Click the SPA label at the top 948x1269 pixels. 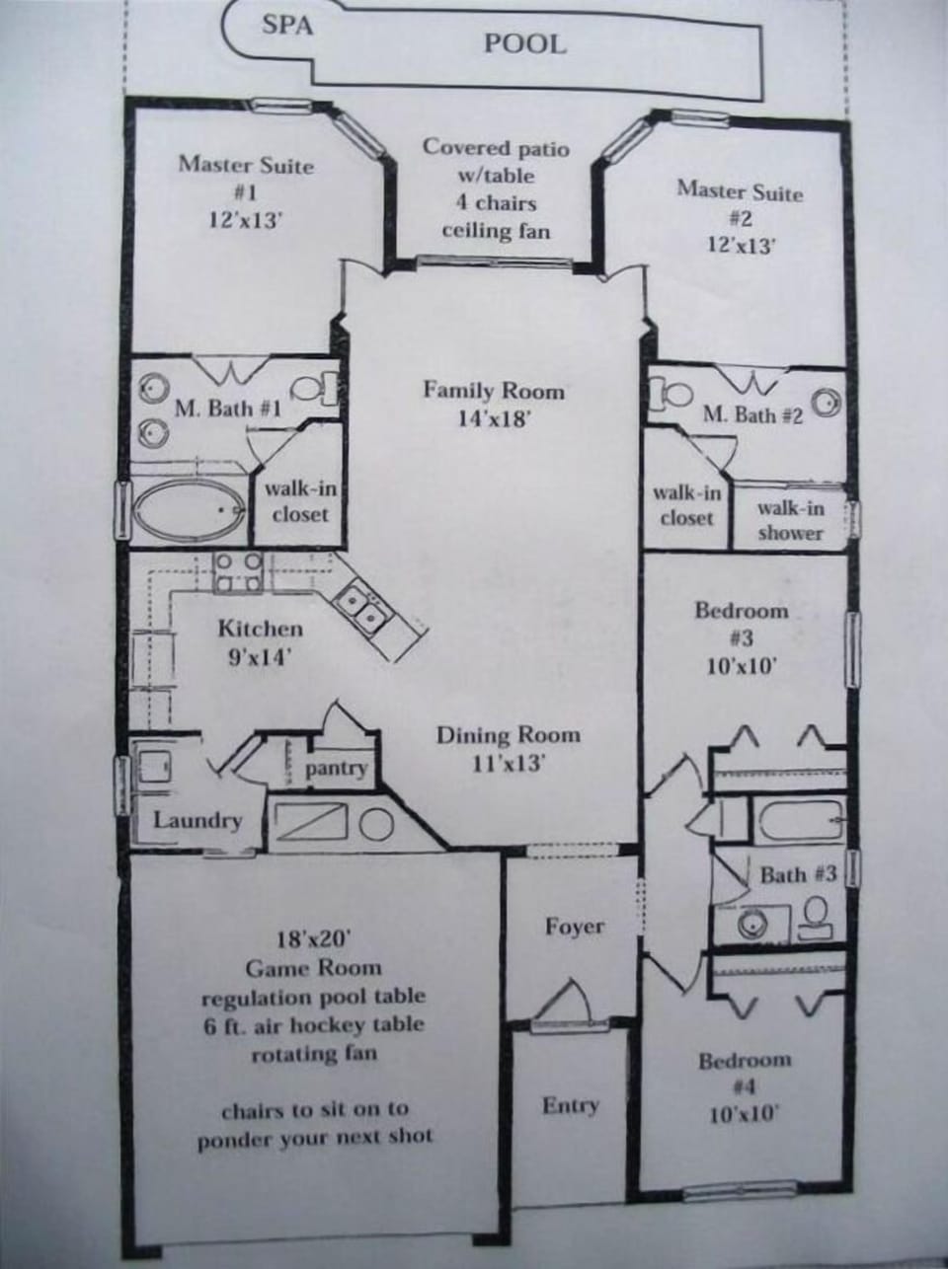click(287, 25)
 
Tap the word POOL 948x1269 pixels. click(524, 43)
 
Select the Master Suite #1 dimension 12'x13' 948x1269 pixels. click(246, 220)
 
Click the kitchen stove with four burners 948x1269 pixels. click(239, 571)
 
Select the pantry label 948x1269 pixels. click(336, 768)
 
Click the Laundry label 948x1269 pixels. click(197, 820)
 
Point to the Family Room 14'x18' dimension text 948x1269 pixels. click(495, 418)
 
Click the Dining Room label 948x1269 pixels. click(509, 735)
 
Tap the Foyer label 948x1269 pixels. click(574, 927)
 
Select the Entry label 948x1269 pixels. click(570, 1105)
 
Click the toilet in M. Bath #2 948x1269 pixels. click(677, 391)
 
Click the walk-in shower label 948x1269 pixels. click(790, 520)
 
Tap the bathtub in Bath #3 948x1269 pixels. click(800, 819)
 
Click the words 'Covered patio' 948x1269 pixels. click(496, 148)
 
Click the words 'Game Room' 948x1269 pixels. click(313, 968)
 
